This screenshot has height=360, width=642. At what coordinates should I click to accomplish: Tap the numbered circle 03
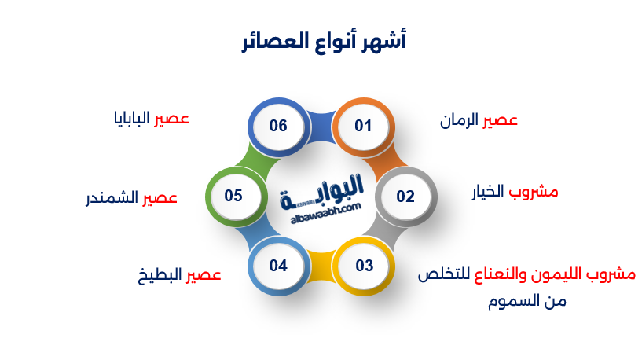pos(364,266)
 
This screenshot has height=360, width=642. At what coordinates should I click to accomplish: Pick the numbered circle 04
pos(278,266)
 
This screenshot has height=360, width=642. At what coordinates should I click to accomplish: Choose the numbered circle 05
pos(233,196)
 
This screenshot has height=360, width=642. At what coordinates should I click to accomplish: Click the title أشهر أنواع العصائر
pos(321,41)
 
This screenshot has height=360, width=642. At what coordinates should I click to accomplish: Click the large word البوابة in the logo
pos(325,191)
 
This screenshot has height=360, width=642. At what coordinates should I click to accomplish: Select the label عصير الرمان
pos(479,120)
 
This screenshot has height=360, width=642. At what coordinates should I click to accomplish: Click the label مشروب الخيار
pos(515,192)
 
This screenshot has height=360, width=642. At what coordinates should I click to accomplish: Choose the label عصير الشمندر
pos(131,197)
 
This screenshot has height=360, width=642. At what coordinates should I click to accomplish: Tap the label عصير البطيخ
pos(179,275)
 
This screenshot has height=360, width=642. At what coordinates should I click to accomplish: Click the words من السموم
pos(526,301)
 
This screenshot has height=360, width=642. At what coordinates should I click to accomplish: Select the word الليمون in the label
pos(541,275)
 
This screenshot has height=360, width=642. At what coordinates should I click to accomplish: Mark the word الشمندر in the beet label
pos(112,197)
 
